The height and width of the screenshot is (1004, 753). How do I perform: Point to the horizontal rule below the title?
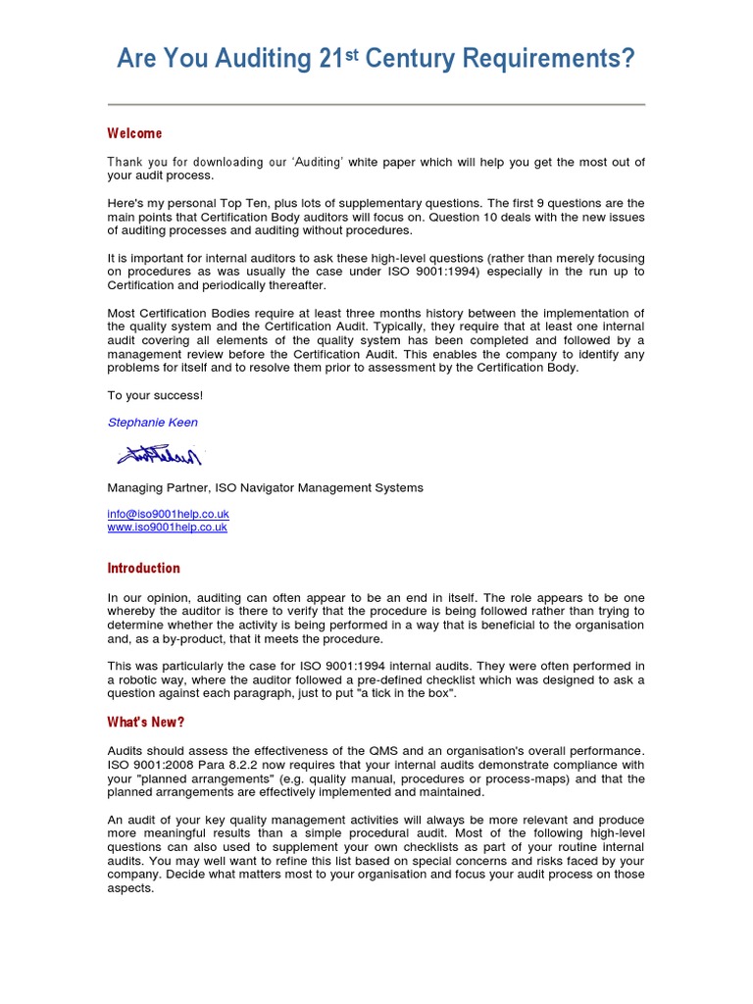click(376, 104)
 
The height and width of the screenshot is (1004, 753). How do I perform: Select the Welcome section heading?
click(134, 133)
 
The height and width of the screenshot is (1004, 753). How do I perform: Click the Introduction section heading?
click(143, 568)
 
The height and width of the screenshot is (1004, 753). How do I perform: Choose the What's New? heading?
click(145, 722)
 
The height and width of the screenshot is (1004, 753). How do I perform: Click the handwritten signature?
click(160, 455)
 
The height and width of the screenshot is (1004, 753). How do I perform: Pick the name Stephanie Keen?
click(152, 423)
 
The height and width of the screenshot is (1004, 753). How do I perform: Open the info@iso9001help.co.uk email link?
click(168, 514)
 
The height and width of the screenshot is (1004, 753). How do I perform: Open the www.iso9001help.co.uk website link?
click(167, 527)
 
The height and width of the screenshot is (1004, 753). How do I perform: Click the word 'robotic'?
click(139, 679)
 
